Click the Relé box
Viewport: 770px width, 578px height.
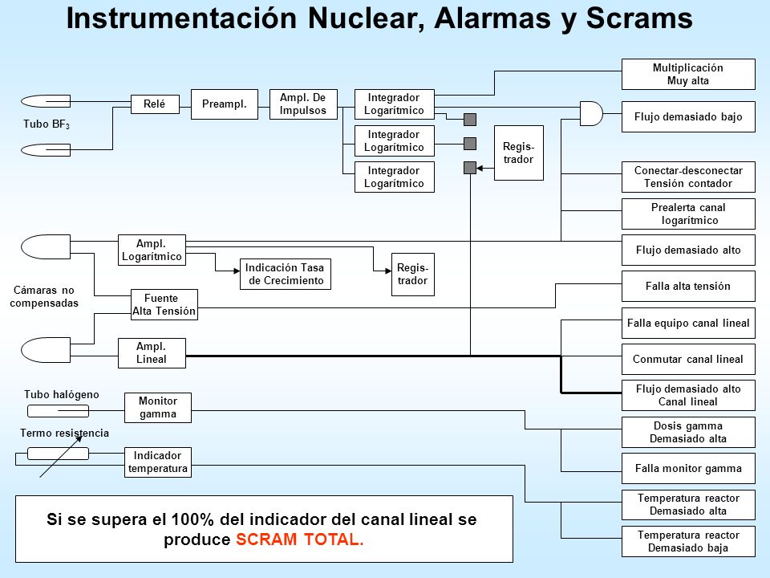[155, 104]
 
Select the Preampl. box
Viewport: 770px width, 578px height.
[225, 104]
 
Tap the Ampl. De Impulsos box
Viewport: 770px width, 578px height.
[303, 104]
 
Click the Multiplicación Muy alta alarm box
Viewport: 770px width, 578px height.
[688, 74]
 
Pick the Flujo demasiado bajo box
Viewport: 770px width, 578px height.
[688, 117]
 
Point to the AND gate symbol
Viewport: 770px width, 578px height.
[591, 113]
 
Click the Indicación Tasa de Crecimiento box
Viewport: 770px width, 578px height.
[286, 275]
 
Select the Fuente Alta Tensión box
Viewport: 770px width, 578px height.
[164, 305]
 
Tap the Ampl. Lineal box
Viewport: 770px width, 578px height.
[152, 353]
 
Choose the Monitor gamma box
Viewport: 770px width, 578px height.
[158, 408]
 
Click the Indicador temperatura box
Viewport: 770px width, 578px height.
[158, 462]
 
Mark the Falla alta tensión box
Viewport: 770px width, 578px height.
[688, 286]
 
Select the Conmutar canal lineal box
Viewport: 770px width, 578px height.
[688, 360]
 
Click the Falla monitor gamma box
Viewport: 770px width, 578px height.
[688, 468]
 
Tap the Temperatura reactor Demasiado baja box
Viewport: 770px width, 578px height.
[688, 542]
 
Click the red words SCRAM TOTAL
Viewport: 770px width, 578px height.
[299, 539]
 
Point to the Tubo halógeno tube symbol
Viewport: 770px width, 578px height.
[58, 410]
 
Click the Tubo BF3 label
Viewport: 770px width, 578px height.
[47, 124]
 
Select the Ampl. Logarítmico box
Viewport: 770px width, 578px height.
[152, 250]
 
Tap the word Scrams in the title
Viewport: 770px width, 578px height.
[639, 18]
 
